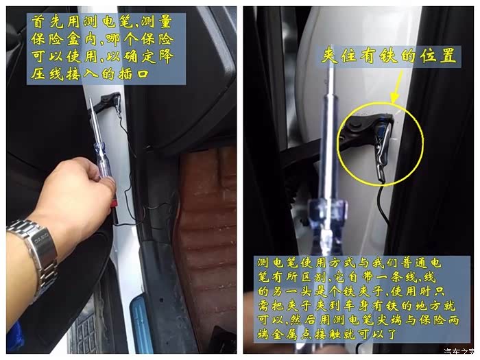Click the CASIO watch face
(41, 241)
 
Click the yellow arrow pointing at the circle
(397, 86)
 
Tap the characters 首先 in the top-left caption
(47, 22)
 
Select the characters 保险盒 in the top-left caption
(56, 39)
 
